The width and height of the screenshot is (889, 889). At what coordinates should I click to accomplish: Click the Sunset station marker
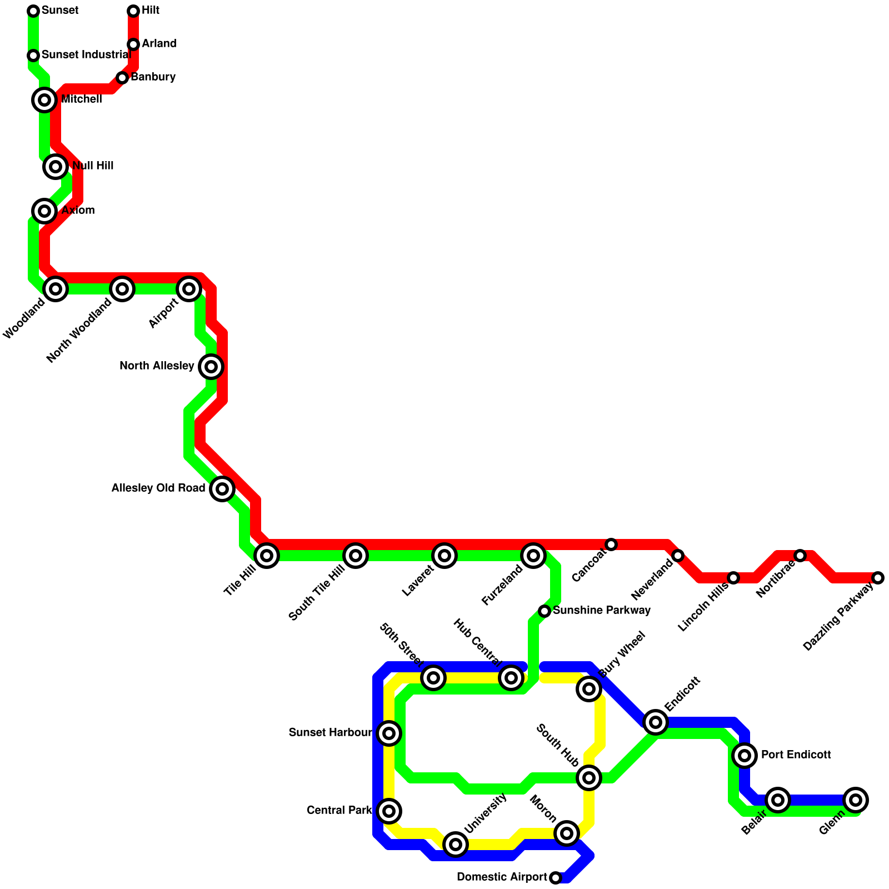[33, 11]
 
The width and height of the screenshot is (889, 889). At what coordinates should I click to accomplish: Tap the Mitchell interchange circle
[44, 100]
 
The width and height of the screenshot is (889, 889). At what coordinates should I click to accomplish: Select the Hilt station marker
[133, 11]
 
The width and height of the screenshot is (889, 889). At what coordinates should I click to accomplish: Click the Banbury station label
[153, 77]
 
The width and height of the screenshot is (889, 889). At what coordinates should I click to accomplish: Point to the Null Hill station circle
[56, 166]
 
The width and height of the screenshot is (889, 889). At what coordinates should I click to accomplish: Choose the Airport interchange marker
[189, 289]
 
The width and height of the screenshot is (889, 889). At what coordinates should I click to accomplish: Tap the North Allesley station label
[157, 366]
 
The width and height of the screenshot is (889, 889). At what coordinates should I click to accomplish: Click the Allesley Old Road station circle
[222, 489]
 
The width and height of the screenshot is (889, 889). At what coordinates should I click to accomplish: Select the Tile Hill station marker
[267, 556]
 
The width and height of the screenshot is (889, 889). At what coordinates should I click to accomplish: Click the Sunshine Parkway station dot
[545, 611]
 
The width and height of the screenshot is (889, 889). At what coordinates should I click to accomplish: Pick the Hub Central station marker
[511, 678]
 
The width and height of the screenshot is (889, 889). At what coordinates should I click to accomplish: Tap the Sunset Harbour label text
[330, 733]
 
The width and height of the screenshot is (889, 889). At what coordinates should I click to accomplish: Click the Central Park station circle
[389, 811]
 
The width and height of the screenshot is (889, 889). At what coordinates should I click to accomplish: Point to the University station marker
[456, 845]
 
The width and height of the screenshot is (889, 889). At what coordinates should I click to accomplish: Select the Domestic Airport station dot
[556, 878]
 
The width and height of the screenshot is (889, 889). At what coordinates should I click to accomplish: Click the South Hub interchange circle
[589, 778]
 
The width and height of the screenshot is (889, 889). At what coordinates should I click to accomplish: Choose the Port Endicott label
[796, 755]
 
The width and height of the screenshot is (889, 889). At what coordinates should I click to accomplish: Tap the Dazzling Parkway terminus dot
[878, 578]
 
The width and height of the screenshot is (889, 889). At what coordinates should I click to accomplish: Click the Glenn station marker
[856, 800]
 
